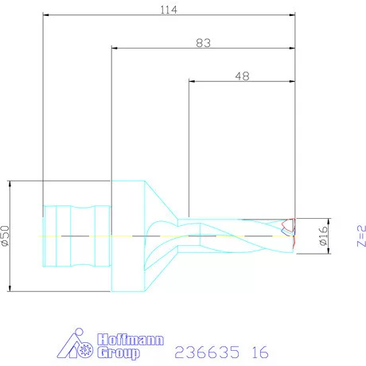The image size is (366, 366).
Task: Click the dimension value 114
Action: [x=167, y=10]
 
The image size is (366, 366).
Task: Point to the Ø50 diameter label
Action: [x=6, y=236]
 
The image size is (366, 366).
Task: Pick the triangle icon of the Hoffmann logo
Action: [x=76, y=345]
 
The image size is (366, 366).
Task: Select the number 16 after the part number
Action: [x=259, y=352]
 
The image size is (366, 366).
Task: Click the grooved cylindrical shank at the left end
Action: [x=76, y=236]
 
